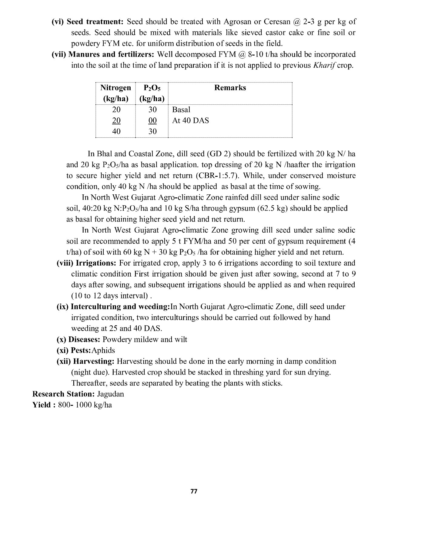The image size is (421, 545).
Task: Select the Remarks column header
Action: pos(230,88)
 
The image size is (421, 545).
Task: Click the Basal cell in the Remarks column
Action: pos(181,110)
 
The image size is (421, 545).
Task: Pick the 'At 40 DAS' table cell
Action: pos(190,121)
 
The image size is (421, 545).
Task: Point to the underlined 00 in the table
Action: pos(152,121)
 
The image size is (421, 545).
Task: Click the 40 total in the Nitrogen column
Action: pos(116,132)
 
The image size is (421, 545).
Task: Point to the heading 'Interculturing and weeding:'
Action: pos(120,307)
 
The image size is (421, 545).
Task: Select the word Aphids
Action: pos(103,351)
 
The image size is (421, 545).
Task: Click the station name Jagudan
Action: pos(110,394)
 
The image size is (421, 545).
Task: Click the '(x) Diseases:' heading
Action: pos(79,340)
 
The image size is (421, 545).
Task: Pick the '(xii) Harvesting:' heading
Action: pos(85,362)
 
